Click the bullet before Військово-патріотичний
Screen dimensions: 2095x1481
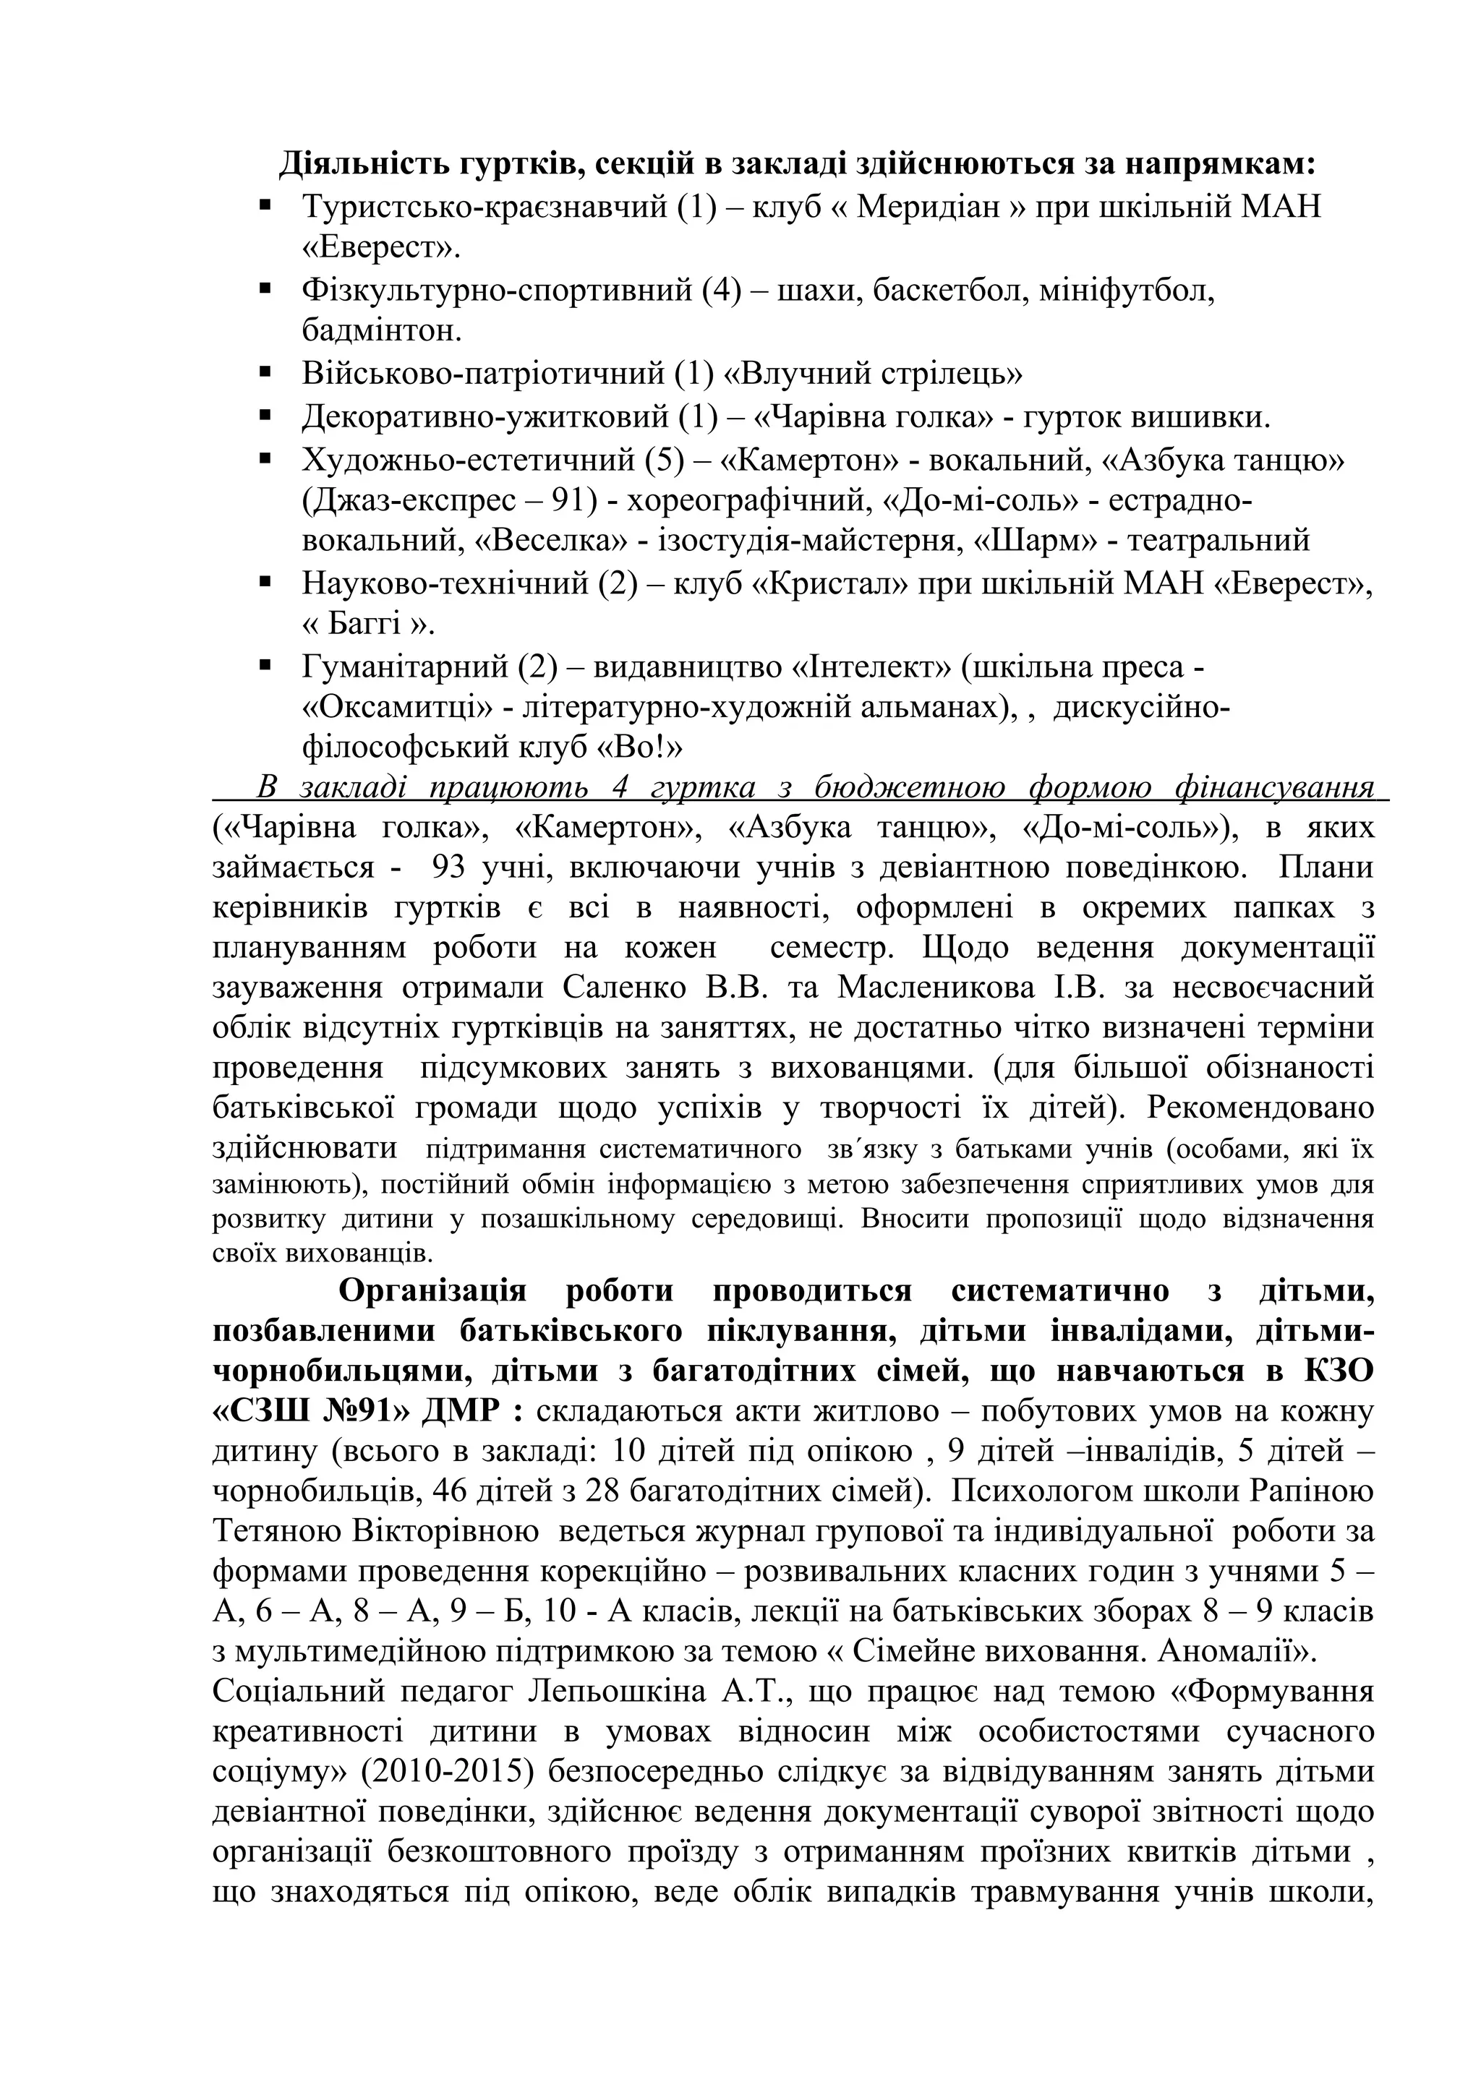pyautogui.click(x=265, y=372)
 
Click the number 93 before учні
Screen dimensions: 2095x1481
pyautogui.click(x=450, y=867)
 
